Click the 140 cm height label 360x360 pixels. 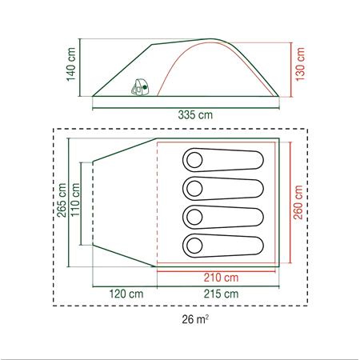tap(71, 67)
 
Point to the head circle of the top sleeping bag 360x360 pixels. tap(194, 160)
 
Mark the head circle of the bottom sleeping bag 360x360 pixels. tap(194, 245)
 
